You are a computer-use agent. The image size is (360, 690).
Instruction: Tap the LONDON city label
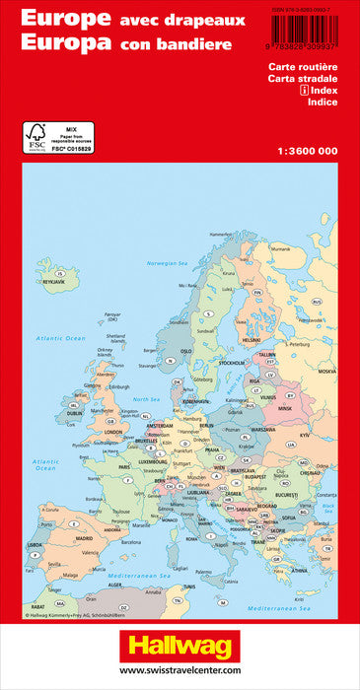point(112,431)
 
